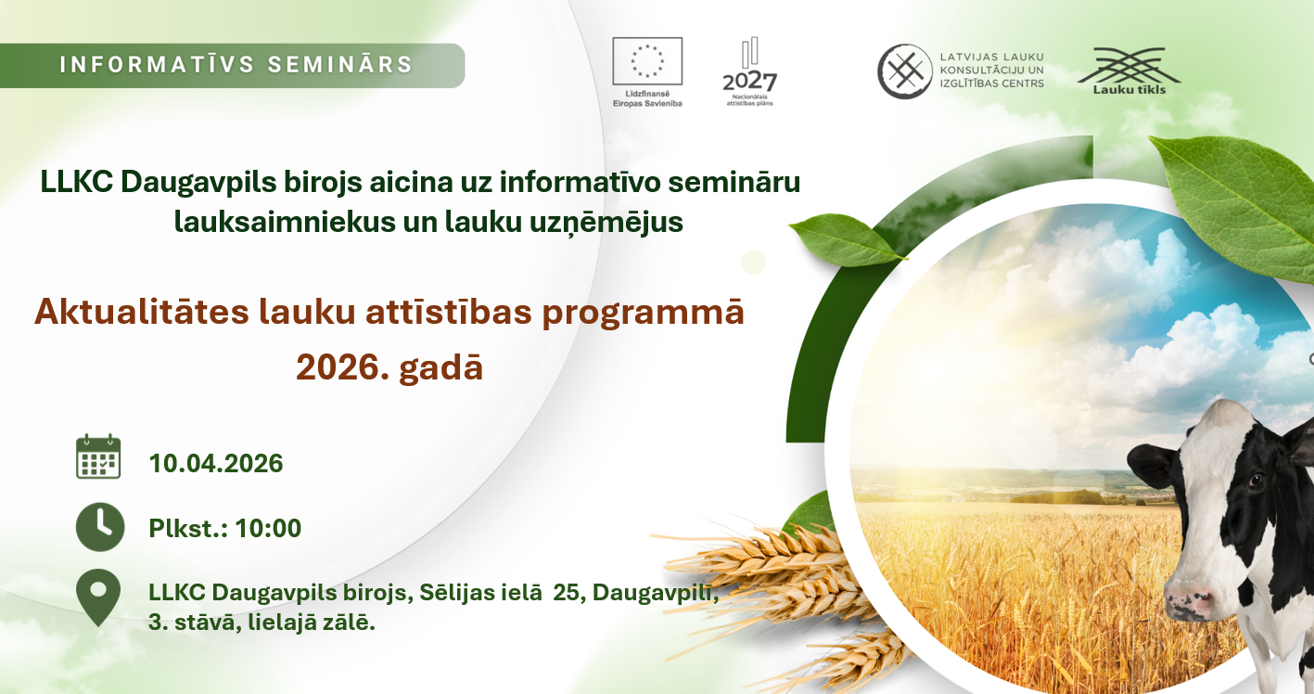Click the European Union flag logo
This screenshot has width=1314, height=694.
coord(647,61)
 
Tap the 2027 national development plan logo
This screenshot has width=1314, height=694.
coord(749,71)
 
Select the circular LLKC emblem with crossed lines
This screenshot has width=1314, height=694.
coord(904,71)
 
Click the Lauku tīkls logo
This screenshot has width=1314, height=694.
coord(1129,71)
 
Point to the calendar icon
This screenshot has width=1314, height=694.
coord(98,456)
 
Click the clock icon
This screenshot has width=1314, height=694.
coord(100,527)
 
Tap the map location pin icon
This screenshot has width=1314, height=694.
coord(98,598)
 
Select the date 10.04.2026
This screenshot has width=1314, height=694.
coord(216,463)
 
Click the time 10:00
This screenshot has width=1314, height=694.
coord(268,528)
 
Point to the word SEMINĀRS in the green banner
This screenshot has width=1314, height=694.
coord(341,64)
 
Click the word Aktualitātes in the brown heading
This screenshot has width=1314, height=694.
coord(142,312)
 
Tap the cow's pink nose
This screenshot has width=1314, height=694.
coord(1188,602)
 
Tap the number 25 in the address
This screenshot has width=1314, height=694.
coord(566,593)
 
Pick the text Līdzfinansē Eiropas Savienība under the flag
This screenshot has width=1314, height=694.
coord(647,98)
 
